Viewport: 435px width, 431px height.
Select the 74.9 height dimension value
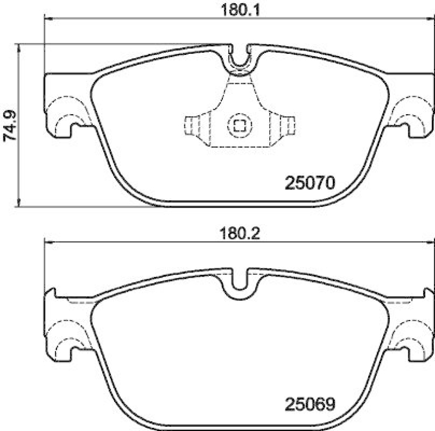click(10, 126)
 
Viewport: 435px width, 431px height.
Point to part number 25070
click(308, 183)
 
